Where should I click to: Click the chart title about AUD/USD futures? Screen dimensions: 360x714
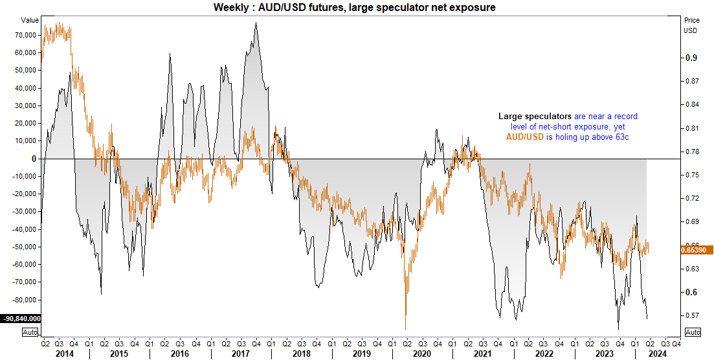pyautogui.click(x=357, y=7)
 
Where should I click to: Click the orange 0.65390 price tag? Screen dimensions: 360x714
pyautogui.click(x=697, y=249)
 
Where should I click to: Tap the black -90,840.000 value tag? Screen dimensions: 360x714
pyautogui.click(x=21, y=319)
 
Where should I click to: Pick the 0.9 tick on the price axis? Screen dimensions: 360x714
pyautogui.click(x=691, y=58)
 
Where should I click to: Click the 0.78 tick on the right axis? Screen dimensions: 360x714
pyautogui.click(x=693, y=152)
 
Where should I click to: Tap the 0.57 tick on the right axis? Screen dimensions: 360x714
pyautogui.click(x=693, y=315)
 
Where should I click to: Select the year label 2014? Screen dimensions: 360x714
pyautogui.click(x=65, y=354)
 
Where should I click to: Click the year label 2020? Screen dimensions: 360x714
pyautogui.click(x=421, y=354)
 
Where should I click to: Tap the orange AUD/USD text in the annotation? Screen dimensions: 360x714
pyautogui.click(x=525, y=137)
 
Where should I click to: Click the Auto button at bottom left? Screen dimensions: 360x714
pyautogui.click(x=29, y=332)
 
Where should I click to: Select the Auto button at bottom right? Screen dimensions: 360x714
pyautogui.click(x=692, y=332)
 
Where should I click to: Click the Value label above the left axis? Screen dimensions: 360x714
pyautogui.click(x=30, y=20)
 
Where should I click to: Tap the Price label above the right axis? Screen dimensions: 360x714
pyautogui.click(x=692, y=20)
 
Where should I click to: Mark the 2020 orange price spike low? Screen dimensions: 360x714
pyautogui.click(x=405, y=330)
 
